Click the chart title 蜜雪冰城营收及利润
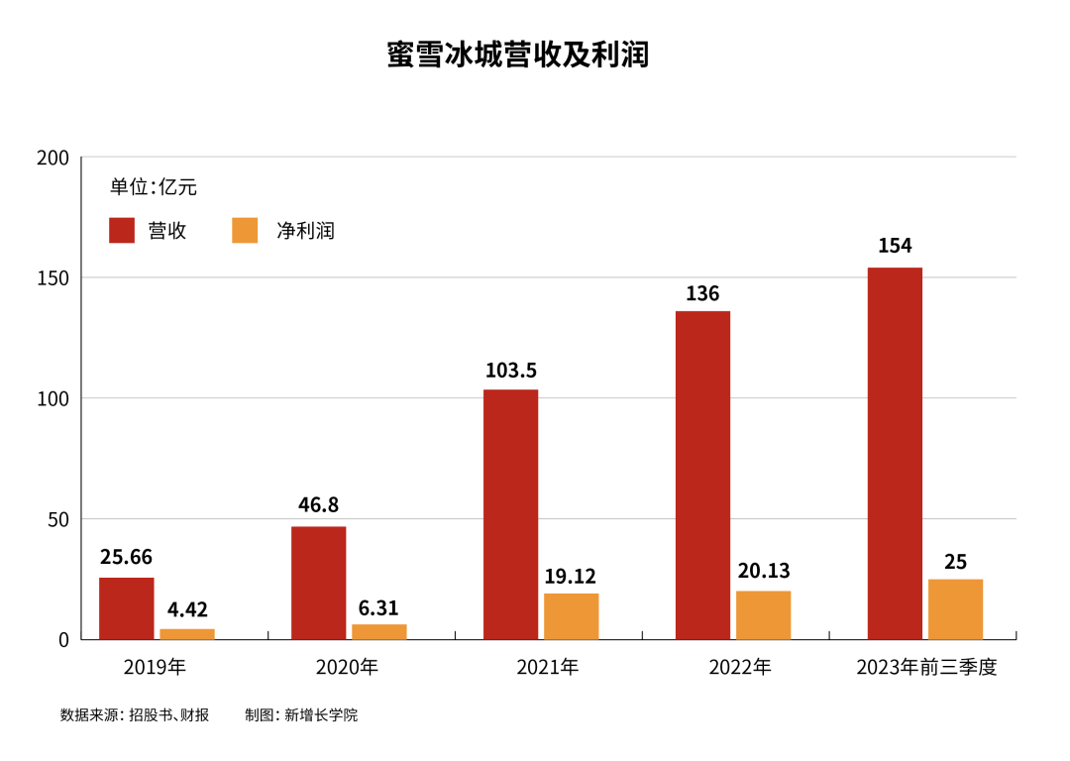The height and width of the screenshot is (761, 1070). (517, 54)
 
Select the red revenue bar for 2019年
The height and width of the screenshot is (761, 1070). (126, 608)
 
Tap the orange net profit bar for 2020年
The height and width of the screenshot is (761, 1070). (378, 631)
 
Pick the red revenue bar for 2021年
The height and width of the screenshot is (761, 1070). (510, 514)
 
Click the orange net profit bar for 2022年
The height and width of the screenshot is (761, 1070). (763, 615)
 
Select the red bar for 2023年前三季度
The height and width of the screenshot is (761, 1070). (895, 453)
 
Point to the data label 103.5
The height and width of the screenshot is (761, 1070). (511, 371)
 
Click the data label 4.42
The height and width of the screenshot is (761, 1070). (187, 609)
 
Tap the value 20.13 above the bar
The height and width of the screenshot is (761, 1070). (764, 571)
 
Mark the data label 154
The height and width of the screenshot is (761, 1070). (895, 246)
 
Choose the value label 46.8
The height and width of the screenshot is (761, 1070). (318, 505)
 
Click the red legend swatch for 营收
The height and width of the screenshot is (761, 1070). (122, 231)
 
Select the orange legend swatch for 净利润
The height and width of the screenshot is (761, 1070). (245, 231)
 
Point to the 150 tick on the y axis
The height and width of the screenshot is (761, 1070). (53, 278)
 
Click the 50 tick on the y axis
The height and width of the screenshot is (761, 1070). (58, 520)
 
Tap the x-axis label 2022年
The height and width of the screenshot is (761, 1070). (740, 667)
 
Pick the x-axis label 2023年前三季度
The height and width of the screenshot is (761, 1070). (926, 667)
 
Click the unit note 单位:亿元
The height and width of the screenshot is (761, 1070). (154, 187)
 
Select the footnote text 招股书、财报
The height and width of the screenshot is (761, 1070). (169, 715)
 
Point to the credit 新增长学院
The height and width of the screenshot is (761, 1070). (321, 715)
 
